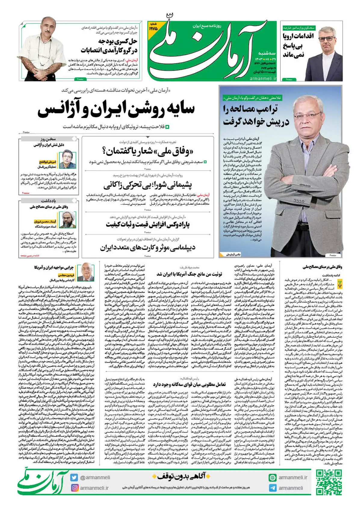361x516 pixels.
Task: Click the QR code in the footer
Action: (329, 483)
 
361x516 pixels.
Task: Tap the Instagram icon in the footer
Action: (75, 488)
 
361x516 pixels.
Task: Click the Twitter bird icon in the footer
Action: (74, 477)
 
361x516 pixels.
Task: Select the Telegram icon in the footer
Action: (273, 488)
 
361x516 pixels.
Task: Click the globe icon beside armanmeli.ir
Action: (273, 477)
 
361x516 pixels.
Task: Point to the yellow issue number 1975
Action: (153, 29)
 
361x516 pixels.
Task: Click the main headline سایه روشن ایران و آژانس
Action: (116, 110)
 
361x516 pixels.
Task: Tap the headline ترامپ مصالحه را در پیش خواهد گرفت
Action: (256, 115)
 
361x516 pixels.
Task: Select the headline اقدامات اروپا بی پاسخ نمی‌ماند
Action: (298, 45)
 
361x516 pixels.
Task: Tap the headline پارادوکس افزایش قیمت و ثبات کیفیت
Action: (147, 225)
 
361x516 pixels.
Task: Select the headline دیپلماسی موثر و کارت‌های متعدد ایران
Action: (147, 248)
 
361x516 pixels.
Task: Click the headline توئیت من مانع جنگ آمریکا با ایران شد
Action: (189, 274)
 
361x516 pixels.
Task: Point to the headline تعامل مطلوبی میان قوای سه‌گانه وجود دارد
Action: (189, 384)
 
